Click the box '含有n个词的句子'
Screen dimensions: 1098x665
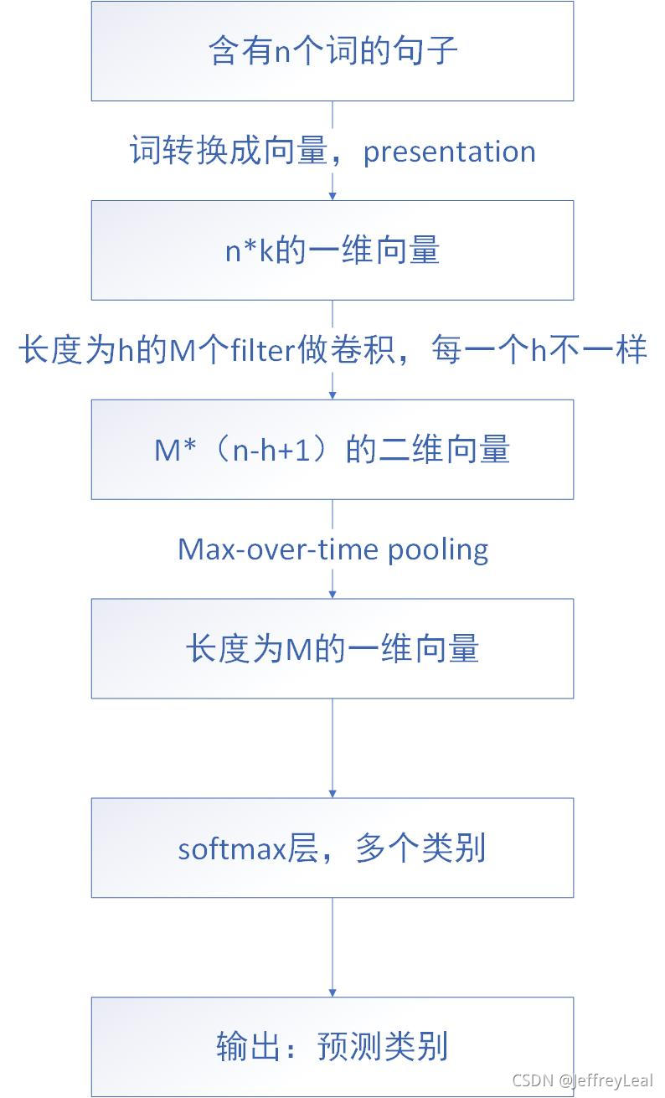point(332,51)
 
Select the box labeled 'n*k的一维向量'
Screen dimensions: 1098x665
point(332,250)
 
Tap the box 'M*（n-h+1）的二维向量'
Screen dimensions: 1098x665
point(332,450)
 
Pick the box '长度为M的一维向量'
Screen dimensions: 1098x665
point(332,649)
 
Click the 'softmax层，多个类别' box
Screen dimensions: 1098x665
point(332,848)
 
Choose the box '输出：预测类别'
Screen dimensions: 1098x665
point(332,1047)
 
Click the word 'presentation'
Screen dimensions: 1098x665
point(449,152)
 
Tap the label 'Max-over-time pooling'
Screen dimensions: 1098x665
point(332,549)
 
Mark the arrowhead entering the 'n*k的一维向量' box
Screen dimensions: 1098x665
point(332,196)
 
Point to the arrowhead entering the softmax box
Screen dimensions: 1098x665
point(332,793)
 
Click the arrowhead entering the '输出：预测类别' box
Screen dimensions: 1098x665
point(332,992)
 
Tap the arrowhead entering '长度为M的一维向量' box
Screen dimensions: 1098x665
point(332,595)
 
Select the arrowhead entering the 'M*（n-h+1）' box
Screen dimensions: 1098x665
point(332,395)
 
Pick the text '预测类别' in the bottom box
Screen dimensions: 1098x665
point(382,1047)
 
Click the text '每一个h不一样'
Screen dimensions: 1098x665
point(539,350)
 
